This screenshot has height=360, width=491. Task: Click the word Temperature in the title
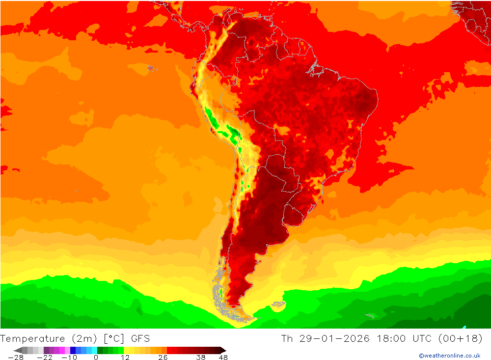point(33,339)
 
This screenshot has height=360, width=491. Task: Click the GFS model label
point(140,339)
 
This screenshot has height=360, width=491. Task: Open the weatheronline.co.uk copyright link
point(449,356)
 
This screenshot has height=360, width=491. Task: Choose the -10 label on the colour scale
point(69,358)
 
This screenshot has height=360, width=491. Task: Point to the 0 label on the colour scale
point(96,358)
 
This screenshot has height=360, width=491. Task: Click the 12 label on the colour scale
point(125,358)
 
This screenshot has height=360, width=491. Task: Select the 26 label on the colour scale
point(163,358)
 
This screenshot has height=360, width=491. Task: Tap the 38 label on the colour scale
point(200,358)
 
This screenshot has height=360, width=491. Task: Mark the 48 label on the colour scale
point(223,358)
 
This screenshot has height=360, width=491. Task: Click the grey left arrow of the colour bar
point(17,350)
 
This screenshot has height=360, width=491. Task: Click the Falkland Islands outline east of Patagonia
point(278,305)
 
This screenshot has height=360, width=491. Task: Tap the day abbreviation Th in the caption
point(287,339)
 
